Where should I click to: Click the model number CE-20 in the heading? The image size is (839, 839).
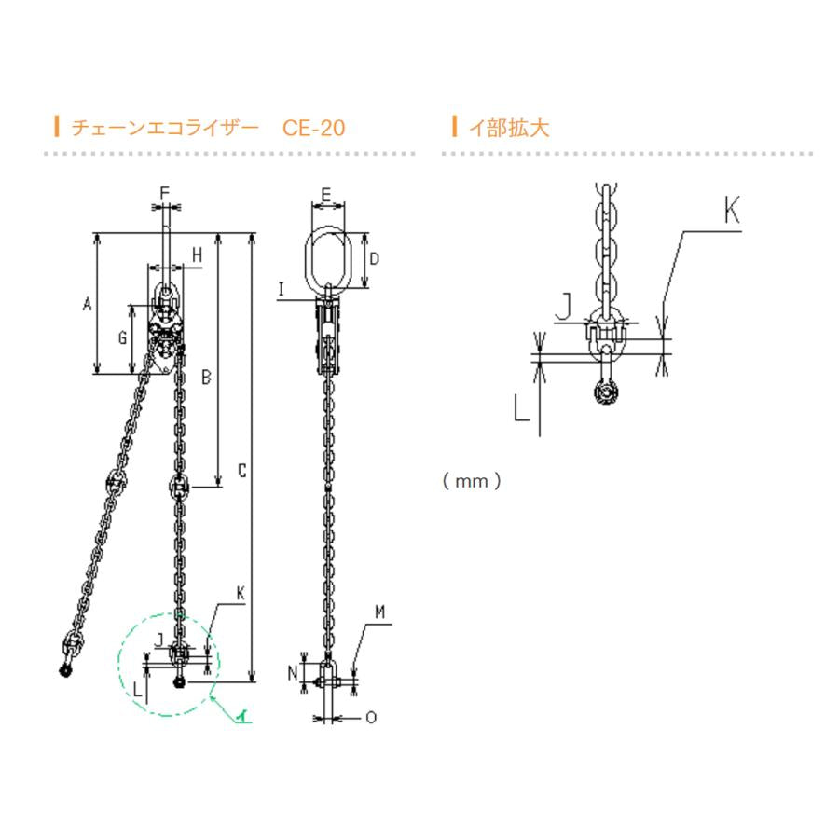(313, 128)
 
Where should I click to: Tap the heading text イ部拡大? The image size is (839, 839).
(509, 128)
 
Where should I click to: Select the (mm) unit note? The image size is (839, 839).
(472, 481)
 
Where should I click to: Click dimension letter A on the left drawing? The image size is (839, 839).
(88, 304)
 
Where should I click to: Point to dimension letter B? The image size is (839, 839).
(206, 378)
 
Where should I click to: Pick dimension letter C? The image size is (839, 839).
(241, 471)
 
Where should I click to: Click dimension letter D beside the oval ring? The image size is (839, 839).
(374, 259)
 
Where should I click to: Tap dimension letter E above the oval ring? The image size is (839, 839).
(326, 195)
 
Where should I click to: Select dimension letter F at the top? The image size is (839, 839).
(165, 193)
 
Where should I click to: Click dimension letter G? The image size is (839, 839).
(122, 337)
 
